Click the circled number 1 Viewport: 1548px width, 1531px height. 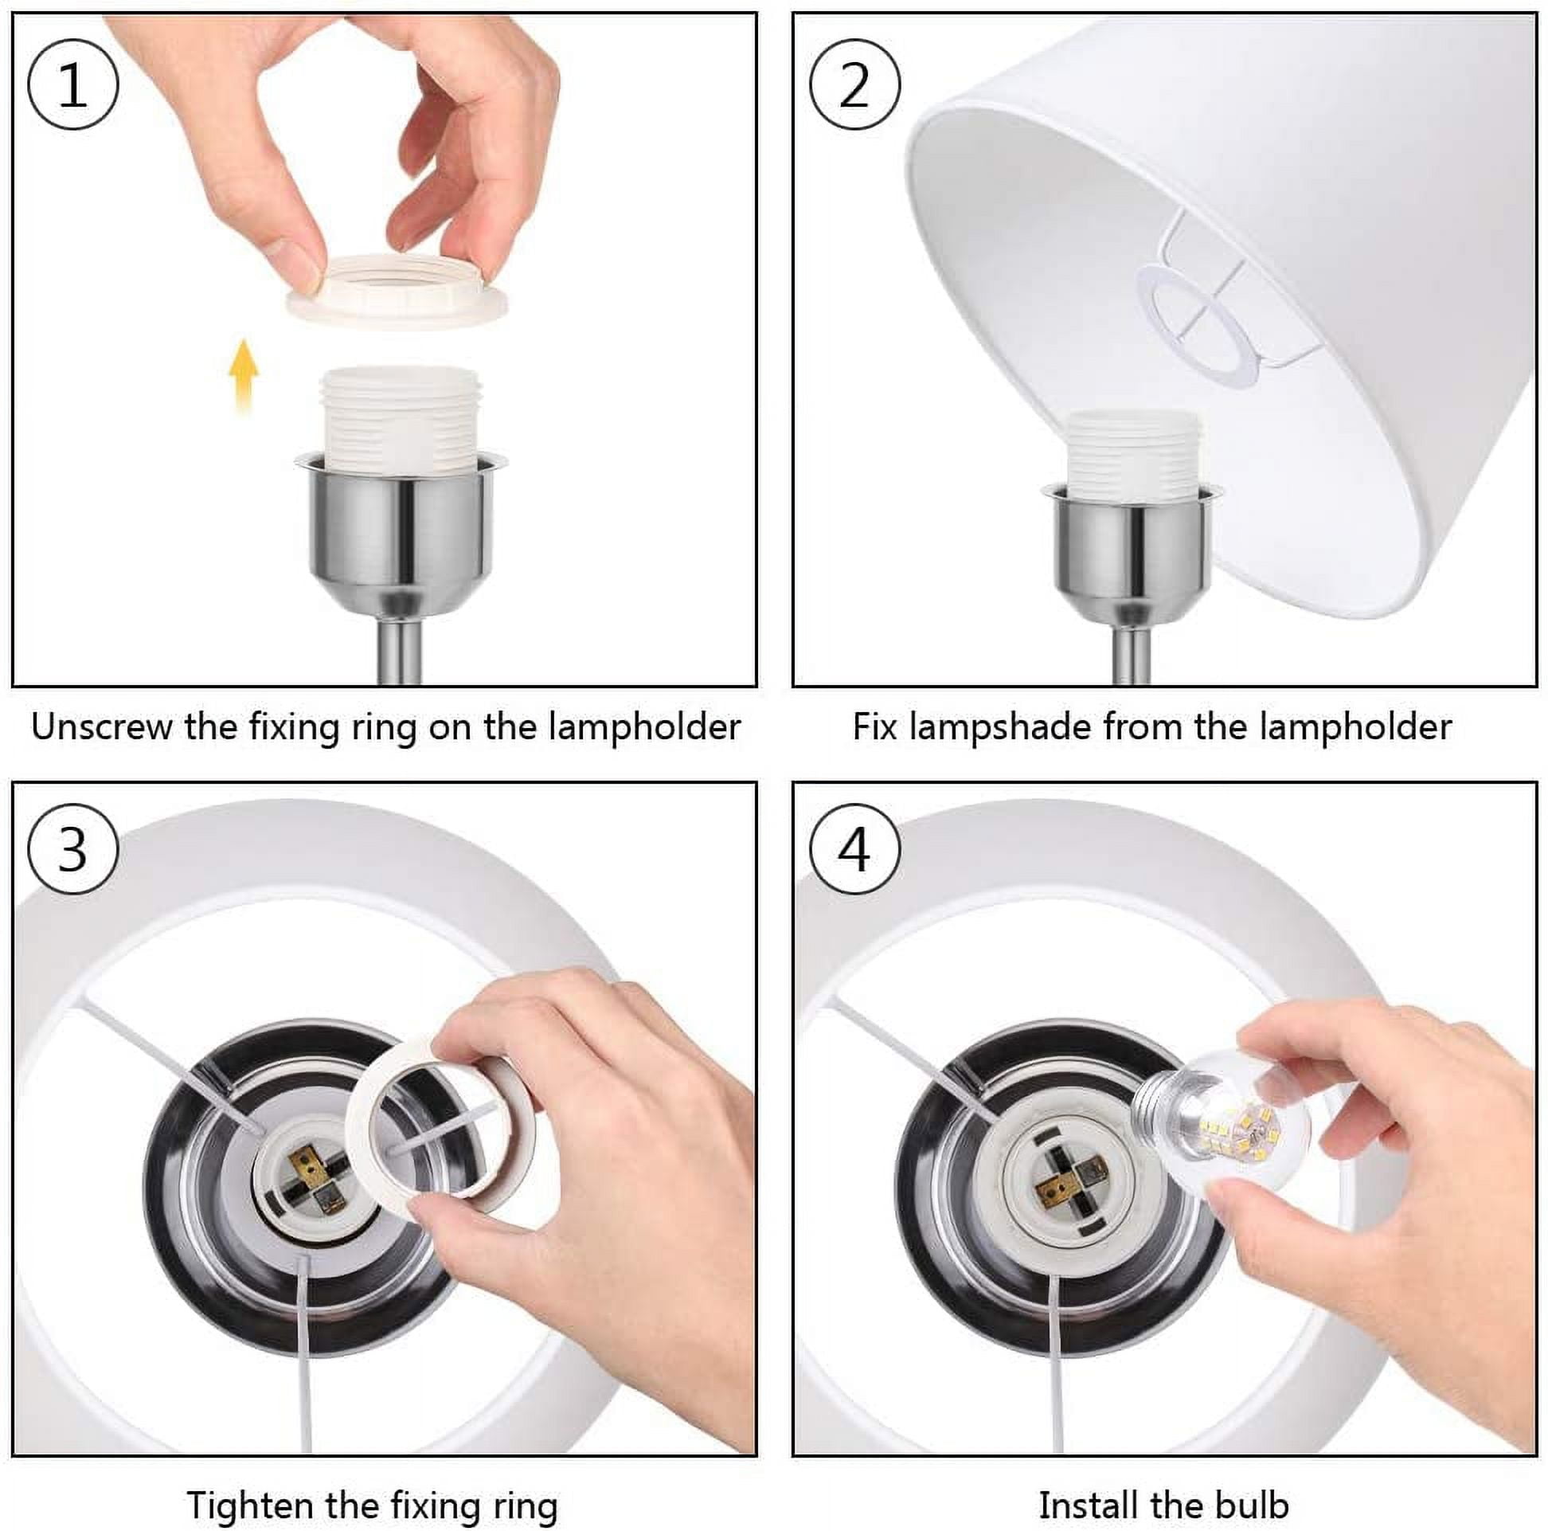coord(73,84)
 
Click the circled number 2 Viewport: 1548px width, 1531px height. coord(854,84)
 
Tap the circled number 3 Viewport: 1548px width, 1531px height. coord(73,850)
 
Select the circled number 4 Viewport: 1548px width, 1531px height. coord(854,850)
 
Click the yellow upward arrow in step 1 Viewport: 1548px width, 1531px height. coord(243,376)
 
